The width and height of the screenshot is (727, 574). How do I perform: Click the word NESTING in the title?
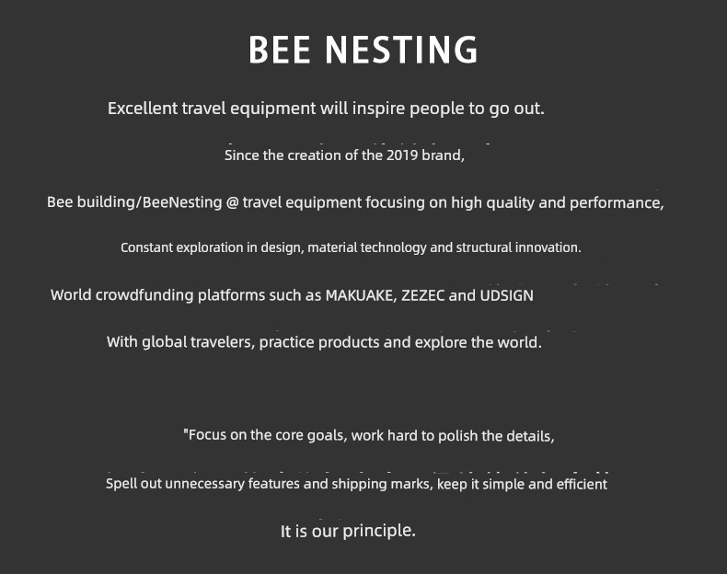[401, 49]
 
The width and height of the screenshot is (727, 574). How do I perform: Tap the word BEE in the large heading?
[279, 49]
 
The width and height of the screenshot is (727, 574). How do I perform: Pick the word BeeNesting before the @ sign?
[182, 202]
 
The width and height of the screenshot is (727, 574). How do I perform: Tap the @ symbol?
[232, 203]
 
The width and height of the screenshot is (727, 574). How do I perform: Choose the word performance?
[616, 203]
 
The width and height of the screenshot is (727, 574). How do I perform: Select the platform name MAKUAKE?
[360, 295]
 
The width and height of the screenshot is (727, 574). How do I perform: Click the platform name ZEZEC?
[422, 295]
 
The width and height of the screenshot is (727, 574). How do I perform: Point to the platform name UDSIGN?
[506, 295]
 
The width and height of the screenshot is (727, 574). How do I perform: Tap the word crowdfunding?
[144, 295]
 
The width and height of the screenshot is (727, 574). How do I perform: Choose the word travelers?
[222, 342]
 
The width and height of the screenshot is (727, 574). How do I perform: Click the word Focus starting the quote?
[207, 434]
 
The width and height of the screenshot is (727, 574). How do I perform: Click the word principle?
[379, 531]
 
